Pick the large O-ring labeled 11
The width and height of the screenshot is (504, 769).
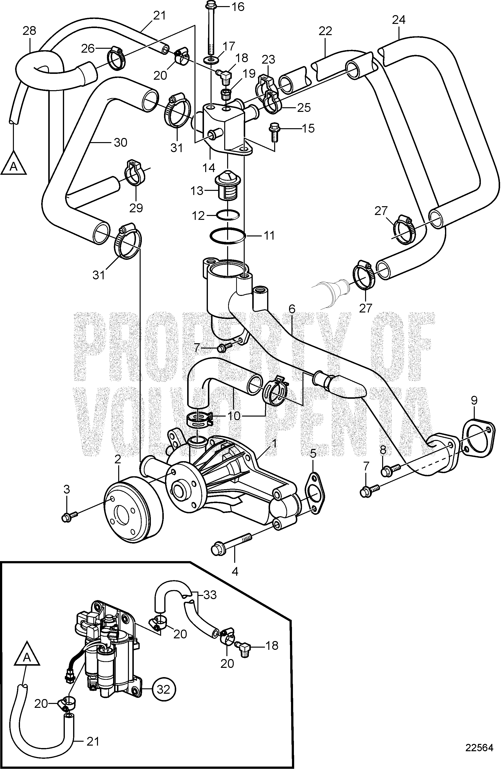pyautogui.click(x=227, y=236)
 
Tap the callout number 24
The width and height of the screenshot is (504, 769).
pyautogui.click(x=399, y=20)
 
